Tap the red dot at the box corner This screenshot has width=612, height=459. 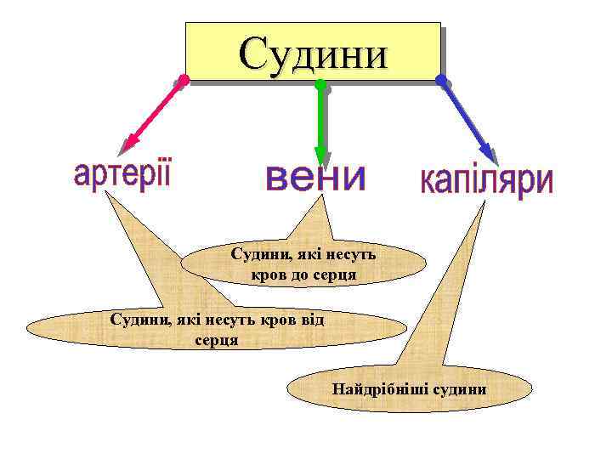point(184,81)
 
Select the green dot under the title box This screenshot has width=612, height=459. point(320,85)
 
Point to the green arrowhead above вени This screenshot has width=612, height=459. point(320,155)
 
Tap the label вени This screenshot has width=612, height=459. point(315,179)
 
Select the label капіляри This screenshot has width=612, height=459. point(486,182)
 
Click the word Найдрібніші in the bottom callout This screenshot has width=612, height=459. point(380,390)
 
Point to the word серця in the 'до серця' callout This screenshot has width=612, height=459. point(335,275)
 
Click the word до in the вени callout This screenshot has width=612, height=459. point(298,275)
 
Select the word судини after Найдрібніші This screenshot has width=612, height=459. point(459,390)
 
